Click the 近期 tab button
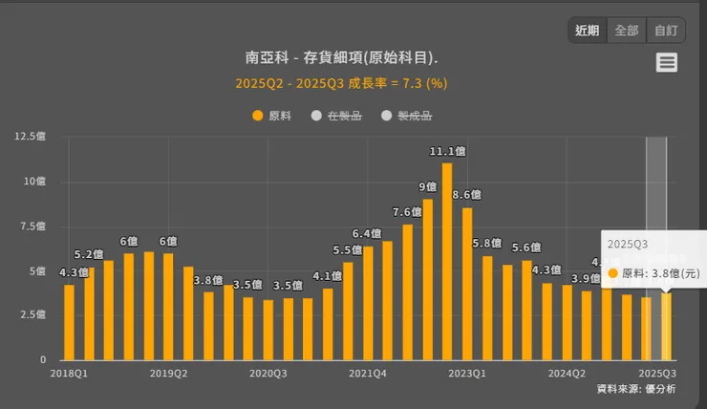588,31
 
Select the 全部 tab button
627,31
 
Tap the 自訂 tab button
665,31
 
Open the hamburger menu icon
667,63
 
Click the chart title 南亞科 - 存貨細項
341,57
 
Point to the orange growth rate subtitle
341,83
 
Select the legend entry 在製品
336,116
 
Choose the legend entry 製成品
407,116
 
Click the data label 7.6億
407,211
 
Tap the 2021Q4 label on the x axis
368,374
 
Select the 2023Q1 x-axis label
467,374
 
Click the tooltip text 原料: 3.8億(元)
660,273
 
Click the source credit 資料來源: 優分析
635,389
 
